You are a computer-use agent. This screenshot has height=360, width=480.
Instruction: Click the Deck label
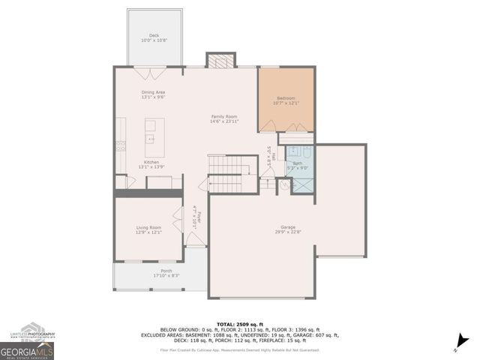click(154, 37)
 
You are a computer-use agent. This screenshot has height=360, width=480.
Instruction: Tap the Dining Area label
click(153, 94)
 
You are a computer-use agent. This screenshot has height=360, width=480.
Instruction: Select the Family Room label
click(223, 118)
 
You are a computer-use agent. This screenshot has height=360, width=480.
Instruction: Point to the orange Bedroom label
click(285, 101)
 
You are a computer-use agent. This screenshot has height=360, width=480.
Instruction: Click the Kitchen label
click(152, 164)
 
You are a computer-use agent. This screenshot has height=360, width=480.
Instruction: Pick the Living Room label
click(148, 229)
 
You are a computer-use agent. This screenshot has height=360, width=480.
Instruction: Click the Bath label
click(298, 165)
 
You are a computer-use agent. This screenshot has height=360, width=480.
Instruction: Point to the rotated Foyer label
click(197, 217)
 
